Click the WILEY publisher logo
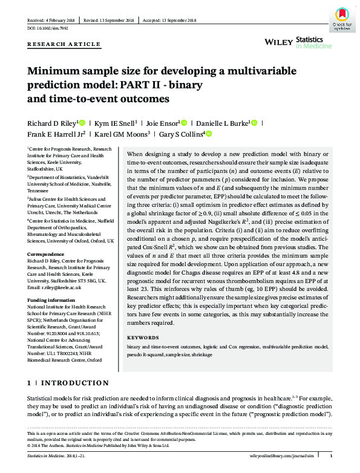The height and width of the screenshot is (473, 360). (279, 41)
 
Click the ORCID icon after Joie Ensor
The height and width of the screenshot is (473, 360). (185, 122)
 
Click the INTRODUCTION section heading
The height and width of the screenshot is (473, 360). (74, 383)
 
